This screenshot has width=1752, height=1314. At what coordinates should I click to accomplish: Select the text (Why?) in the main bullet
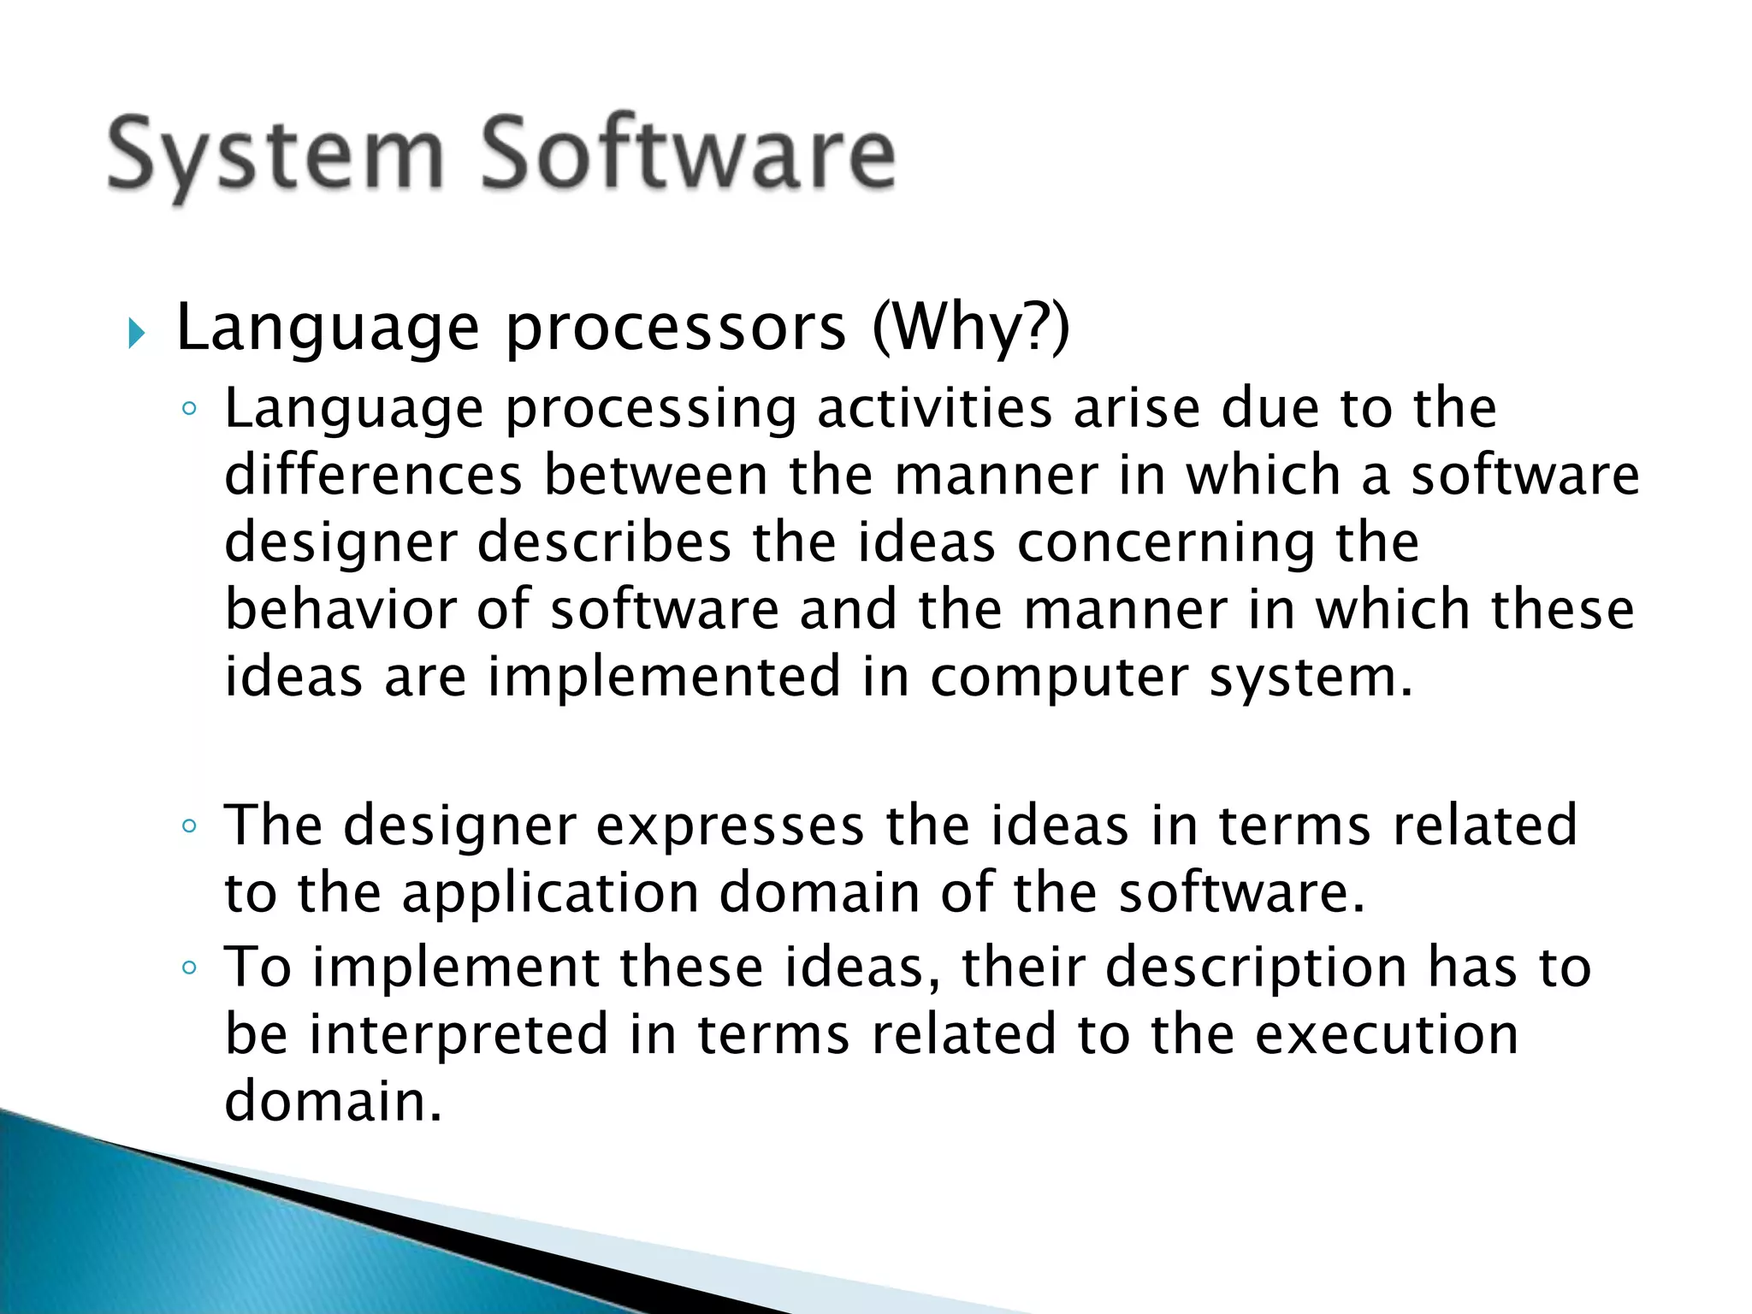[970, 328]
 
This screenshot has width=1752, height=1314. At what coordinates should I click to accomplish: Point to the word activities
[934, 408]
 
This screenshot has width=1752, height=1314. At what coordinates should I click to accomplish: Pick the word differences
[373, 475]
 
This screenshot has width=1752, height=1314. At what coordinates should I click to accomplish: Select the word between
[656, 475]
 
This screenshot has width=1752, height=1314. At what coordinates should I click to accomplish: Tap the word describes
[604, 542]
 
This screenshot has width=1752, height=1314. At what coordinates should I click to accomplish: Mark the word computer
[1059, 678]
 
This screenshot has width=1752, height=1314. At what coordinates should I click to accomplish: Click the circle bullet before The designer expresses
[190, 827]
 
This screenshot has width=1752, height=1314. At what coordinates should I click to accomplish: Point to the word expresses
[730, 826]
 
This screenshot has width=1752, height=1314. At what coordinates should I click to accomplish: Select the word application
[550, 894]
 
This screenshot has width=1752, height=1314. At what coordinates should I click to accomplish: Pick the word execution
[1387, 1033]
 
